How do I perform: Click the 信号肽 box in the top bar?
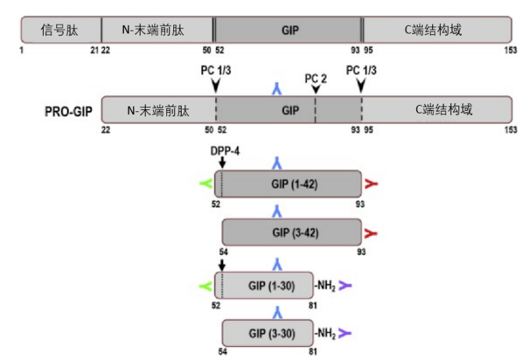point(61,30)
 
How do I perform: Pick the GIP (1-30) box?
point(265,285)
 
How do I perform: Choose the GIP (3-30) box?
point(269,333)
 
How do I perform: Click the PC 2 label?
point(315,77)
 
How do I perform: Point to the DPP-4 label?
point(223,150)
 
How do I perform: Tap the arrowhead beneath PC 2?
point(316,88)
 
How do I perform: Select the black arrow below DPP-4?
point(221,162)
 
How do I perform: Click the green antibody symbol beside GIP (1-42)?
point(205,184)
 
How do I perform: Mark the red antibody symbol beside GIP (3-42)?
point(371,233)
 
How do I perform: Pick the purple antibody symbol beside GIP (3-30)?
point(345,333)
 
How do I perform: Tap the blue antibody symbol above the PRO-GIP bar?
point(277,88)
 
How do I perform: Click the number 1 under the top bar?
point(22,50)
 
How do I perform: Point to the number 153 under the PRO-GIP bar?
point(511,130)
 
